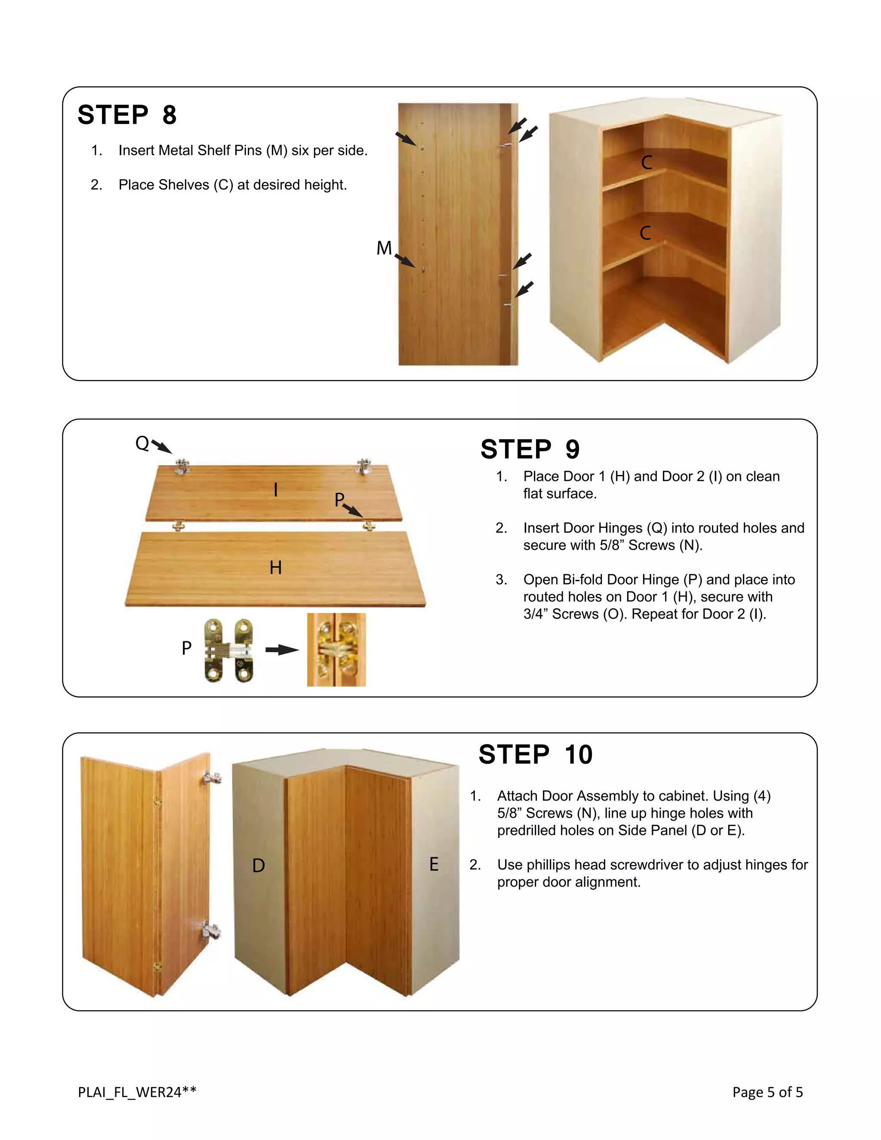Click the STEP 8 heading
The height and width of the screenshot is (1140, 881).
(x=127, y=115)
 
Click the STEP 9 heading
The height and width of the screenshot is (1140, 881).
(x=530, y=450)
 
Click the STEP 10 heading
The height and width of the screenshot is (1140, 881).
(x=536, y=755)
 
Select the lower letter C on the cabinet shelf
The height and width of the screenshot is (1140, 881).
(x=646, y=233)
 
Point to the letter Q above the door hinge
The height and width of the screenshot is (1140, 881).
(x=142, y=443)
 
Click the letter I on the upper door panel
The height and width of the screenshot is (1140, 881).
(x=276, y=490)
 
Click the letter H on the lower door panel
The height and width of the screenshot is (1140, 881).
(x=276, y=567)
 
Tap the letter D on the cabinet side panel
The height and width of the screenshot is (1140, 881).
(x=259, y=866)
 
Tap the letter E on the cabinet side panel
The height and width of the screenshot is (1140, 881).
(x=434, y=864)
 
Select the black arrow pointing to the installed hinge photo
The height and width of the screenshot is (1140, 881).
(x=282, y=650)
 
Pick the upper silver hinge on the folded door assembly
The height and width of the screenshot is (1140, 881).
(x=213, y=778)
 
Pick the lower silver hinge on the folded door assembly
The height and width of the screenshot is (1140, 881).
(x=211, y=930)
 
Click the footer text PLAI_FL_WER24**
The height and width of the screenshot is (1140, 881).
(x=137, y=1091)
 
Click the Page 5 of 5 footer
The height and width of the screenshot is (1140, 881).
(x=767, y=1091)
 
